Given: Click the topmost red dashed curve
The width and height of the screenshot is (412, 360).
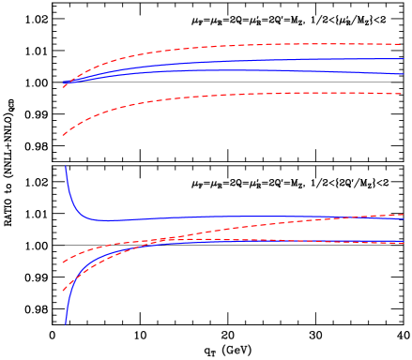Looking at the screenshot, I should pos(235,45).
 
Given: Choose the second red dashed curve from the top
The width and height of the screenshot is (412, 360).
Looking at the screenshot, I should pos(235,95).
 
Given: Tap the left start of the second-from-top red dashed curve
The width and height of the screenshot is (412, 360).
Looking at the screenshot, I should pos(63,136).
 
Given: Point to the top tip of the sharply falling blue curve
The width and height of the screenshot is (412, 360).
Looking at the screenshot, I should pos(65,166).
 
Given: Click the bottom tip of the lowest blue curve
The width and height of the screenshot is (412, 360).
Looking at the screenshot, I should pos(66,323).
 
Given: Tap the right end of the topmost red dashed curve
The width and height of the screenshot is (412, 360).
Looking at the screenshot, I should pos(402,44).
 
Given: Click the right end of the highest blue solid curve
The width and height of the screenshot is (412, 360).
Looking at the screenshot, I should pos(404,59).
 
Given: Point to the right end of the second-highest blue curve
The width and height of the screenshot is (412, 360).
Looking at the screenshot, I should pos(404,73).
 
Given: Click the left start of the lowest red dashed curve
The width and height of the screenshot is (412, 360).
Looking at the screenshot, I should pos(63,291).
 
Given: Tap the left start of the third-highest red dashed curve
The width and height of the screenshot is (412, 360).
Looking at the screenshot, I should pos(63,262).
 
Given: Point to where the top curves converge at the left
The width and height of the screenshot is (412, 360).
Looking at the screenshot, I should pos(64,84).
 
